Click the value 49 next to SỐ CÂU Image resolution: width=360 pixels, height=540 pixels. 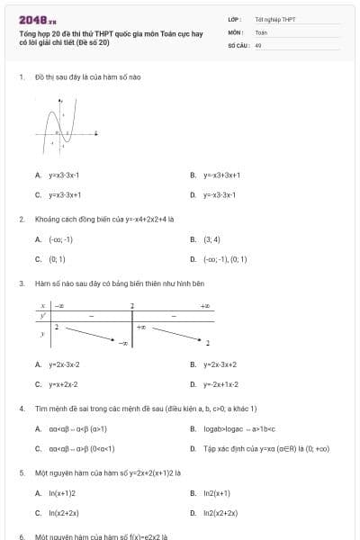coord(258,44)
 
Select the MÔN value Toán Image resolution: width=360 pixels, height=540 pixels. coord(261,31)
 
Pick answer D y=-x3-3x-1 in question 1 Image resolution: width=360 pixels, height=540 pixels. coord(219,194)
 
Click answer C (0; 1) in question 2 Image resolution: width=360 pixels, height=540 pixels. coord(57,259)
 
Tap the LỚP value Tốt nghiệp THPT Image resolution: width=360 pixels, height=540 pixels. coord(275,19)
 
